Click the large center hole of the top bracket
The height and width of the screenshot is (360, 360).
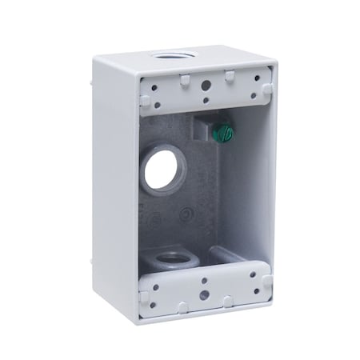coord(206,83)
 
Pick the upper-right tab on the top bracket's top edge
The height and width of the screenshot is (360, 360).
coord(229,76)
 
